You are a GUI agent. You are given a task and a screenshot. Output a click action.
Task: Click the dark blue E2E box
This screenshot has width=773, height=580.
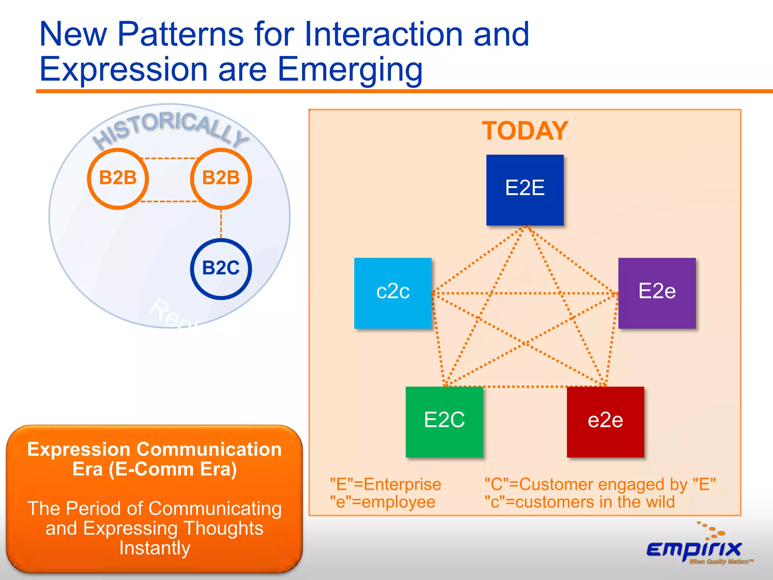coord(525,190)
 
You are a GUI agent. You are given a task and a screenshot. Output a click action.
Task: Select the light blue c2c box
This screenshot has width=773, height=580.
coord(393,293)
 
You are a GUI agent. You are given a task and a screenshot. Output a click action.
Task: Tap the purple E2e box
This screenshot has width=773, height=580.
coord(657,293)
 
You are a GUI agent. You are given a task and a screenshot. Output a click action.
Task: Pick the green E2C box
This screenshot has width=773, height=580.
coord(444,422)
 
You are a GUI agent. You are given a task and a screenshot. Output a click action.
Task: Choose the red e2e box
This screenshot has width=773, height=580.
coord(605,422)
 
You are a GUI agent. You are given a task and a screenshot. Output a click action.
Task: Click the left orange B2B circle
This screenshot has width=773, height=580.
coord(118,178)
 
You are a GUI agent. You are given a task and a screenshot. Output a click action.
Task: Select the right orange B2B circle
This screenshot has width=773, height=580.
coord(221,178)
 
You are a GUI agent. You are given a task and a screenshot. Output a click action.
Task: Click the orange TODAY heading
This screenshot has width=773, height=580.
coord(525,131)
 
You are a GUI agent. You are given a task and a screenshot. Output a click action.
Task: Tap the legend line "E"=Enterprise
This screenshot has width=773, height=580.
coord(385,484)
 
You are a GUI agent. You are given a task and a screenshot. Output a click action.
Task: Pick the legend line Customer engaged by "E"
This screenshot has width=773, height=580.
coord(600,484)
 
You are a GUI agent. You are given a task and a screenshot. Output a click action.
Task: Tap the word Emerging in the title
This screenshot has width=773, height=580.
coord(350,70)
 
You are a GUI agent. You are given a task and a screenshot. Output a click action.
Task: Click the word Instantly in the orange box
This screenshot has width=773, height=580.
coord(155,548)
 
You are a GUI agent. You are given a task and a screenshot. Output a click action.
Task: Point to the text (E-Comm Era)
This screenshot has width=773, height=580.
coord(173,469)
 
